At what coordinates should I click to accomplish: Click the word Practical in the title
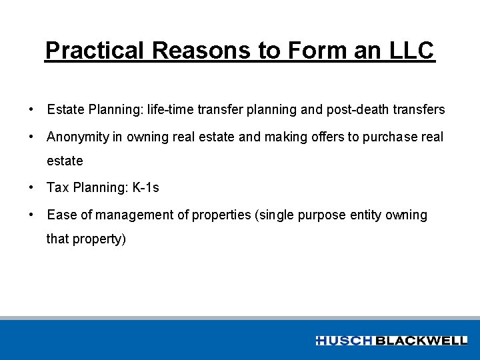[95, 51]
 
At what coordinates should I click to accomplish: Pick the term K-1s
[145, 188]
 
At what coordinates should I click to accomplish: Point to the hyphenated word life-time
[172, 109]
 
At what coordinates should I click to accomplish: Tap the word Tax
[57, 188]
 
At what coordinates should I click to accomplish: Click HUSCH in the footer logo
[345, 341]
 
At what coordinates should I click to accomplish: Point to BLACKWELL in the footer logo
[421, 341]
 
